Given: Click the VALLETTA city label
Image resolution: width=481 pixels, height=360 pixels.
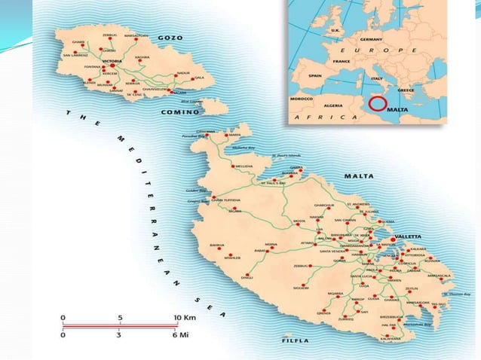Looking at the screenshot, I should (408, 236).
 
